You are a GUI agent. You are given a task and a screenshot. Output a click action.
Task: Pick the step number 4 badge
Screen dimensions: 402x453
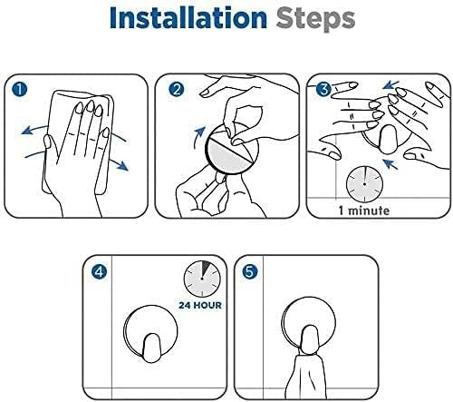pyautogui.click(x=100, y=270)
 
